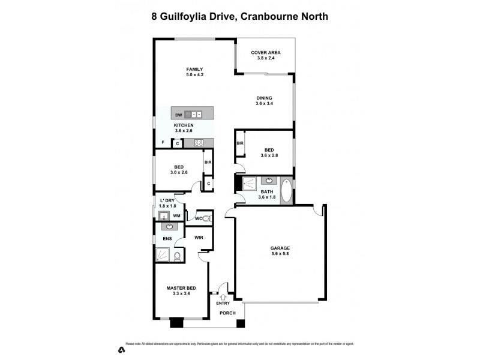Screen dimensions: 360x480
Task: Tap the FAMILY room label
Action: click(x=194, y=69)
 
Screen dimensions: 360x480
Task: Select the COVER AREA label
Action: click(x=265, y=53)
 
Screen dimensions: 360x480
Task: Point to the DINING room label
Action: click(x=264, y=98)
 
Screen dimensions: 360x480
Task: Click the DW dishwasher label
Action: click(x=178, y=115)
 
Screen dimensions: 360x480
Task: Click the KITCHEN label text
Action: click(x=184, y=125)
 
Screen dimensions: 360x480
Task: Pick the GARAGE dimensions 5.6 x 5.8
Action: click(x=280, y=254)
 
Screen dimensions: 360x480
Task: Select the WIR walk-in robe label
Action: click(x=199, y=238)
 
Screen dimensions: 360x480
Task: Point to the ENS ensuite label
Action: click(x=167, y=239)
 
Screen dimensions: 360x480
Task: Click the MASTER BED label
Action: click(x=181, y=289)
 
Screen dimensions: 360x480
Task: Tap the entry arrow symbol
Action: click(x=223, y=296)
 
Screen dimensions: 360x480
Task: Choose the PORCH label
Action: click(x=227, y=314)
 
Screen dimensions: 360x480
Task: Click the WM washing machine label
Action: click(x=177, y=215)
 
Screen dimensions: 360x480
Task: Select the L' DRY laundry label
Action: click(x=167, y=200)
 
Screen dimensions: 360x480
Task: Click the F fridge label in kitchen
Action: click(x=163, y=143)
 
